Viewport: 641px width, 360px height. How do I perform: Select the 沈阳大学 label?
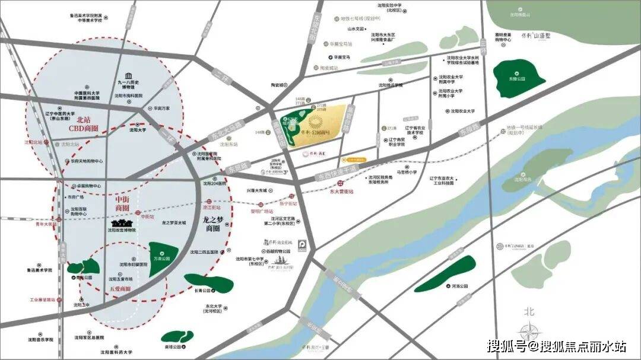point(138,129)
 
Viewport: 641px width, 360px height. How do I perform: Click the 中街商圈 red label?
point(122,205)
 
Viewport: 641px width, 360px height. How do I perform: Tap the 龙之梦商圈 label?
point(212,222)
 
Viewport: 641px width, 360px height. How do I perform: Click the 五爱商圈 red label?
point(119,289)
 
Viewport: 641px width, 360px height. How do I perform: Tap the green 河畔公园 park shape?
point(446,273)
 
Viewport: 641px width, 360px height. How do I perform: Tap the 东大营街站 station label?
point(340,192)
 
